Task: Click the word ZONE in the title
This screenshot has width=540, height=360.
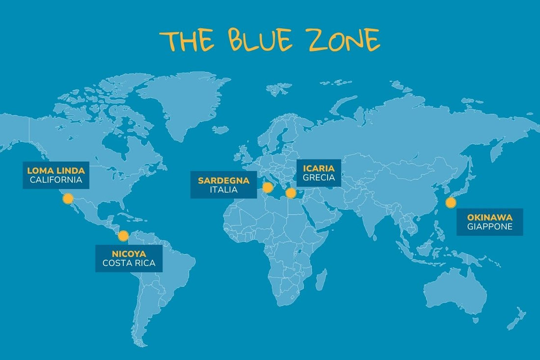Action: coord(346,40)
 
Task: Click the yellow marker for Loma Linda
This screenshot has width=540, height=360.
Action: coord(68,198)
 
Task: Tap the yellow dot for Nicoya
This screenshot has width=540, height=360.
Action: coord(123,235)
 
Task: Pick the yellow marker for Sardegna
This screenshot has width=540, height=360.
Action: coord(268,187)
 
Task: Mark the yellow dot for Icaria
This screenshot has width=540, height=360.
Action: coord(291,193)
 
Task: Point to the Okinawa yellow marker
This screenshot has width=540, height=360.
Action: coord(451,202)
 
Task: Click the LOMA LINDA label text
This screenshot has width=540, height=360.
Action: coord(56,170)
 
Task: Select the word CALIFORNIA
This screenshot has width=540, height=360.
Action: coord(56,180)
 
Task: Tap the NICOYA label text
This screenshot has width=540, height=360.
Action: coord(129,253)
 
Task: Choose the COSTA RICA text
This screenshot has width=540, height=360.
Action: coord(129,263)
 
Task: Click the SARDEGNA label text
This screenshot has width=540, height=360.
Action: coord(223,180)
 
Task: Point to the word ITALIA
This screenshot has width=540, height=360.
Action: coord(223,190)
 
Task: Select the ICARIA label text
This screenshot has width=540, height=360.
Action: coord(319,168)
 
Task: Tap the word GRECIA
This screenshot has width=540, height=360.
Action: coord(319,177)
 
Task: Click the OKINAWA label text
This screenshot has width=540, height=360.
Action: coord(489,217)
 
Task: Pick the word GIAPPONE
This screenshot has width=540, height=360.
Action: coord(489,227)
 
